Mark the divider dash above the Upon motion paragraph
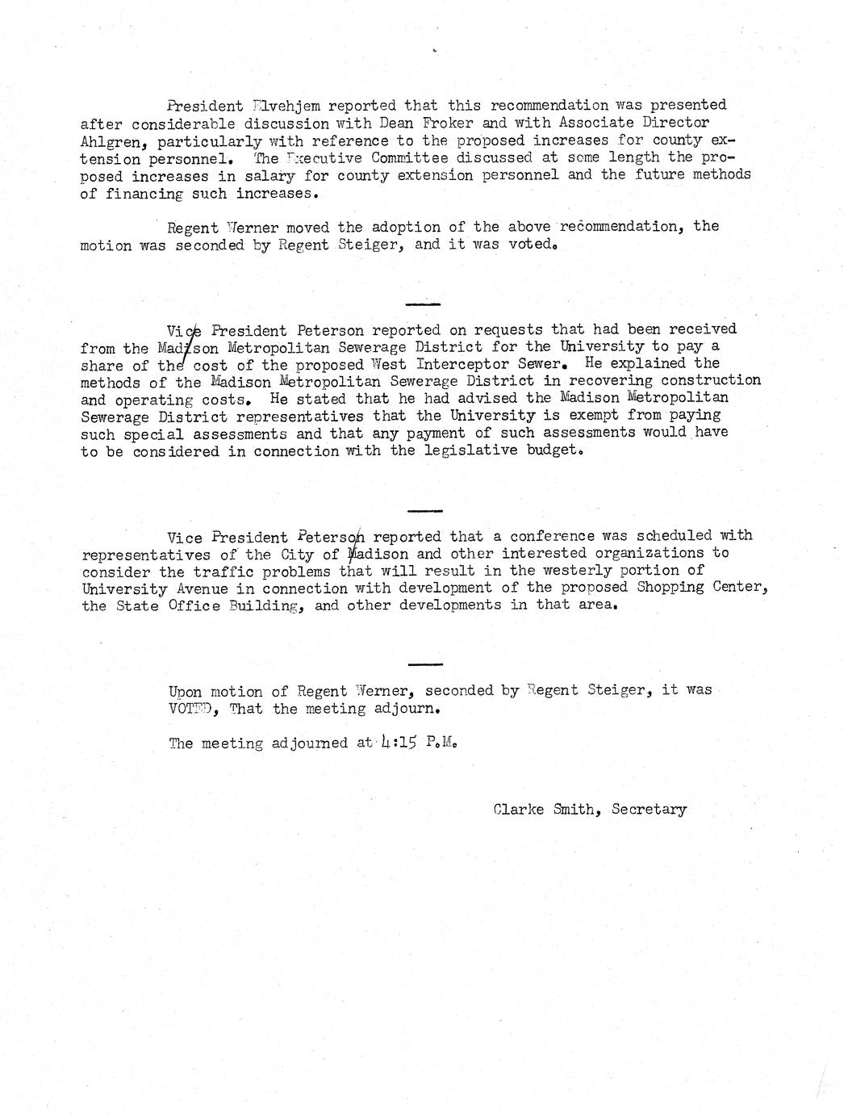(x=425, y=664)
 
